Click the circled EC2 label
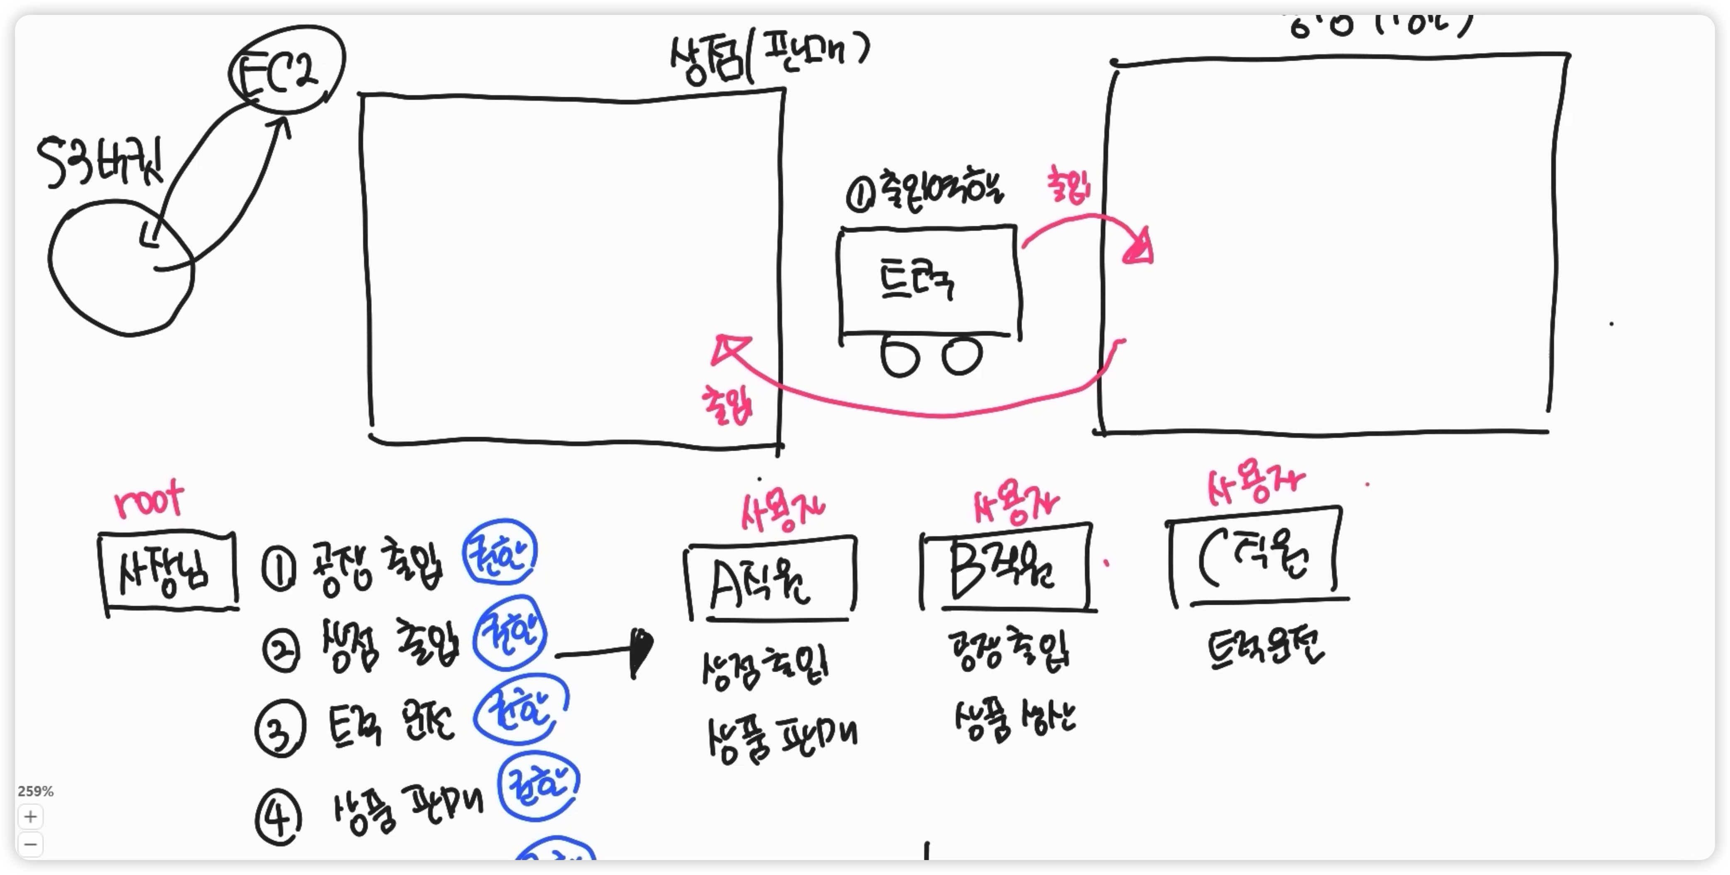pos(285,71)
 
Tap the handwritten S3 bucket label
pos(99,163)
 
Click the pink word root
pos(149,500)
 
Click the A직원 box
pos(770,579)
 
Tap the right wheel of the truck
pos(962,356)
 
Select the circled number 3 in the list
pos(280,728)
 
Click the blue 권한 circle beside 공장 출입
pos(500,552)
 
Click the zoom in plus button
pos(30,816)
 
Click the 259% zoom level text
pos(36,791)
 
